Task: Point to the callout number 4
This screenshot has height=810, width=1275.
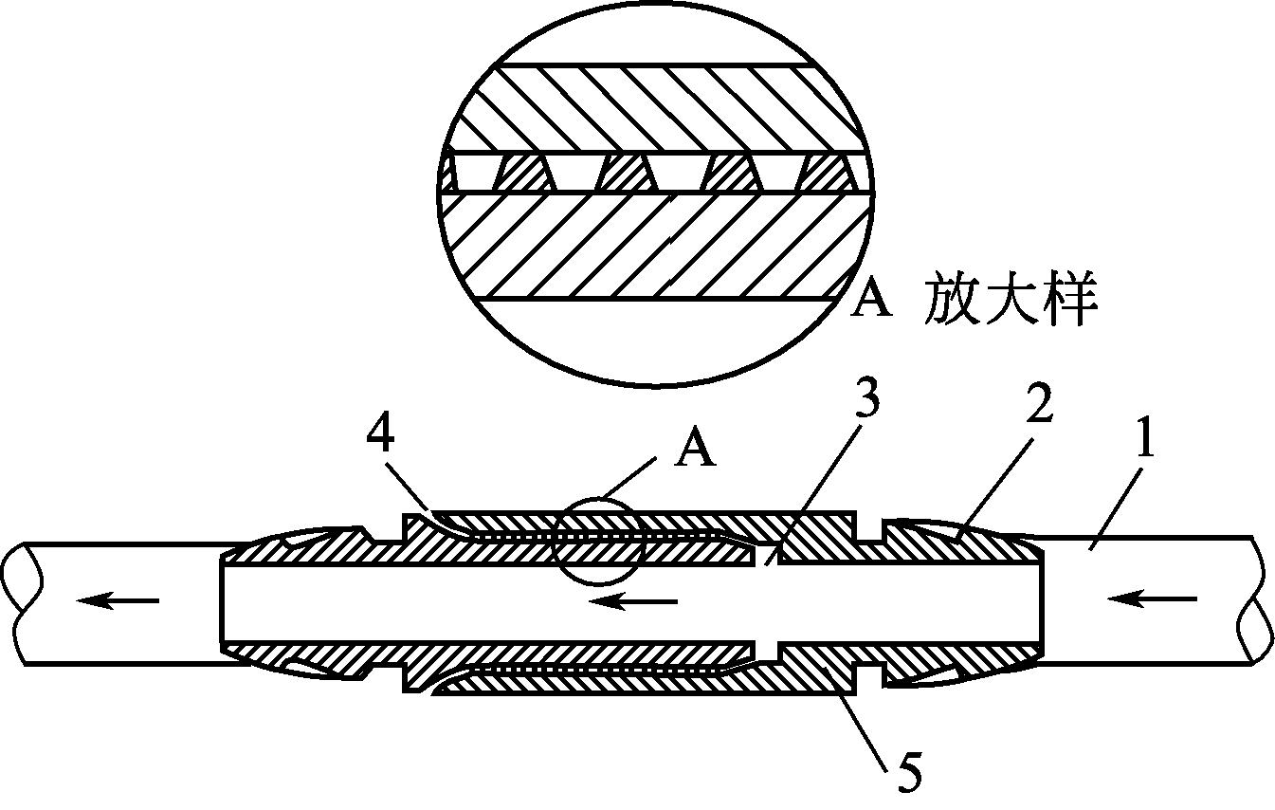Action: point(380,432)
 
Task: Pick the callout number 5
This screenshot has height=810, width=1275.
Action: point(910,772)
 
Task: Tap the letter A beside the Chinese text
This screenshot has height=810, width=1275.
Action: point(870,296)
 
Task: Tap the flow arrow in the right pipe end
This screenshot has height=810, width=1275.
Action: point(1152,598)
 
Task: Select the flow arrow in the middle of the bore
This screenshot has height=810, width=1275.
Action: point(633,601)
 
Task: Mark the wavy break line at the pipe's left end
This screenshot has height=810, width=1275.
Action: point(23,602)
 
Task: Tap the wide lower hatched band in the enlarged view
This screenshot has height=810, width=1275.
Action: point(655,246)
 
